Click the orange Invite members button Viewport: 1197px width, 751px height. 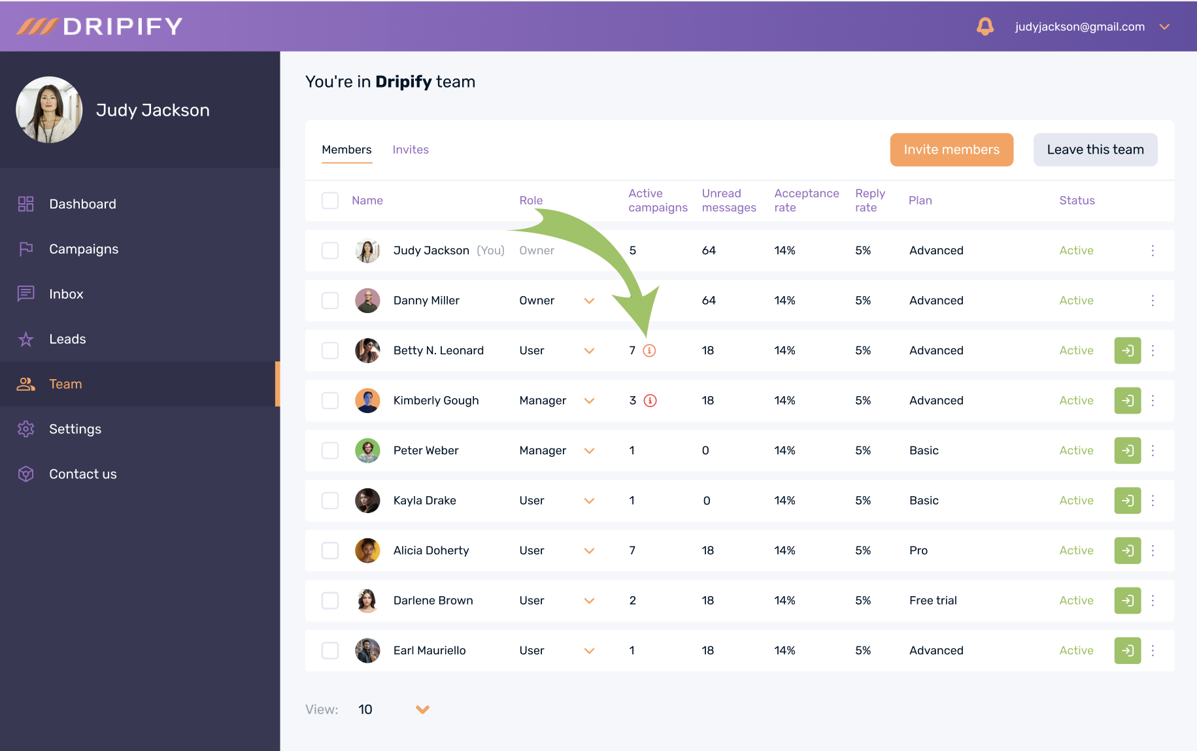tap(951, 150)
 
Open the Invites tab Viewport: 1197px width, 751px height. tap(411, 150)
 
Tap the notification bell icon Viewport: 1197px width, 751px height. tap(985, 26)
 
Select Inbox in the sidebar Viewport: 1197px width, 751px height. tap(66, 294)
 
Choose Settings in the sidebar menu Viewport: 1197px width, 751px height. tap(75, 429)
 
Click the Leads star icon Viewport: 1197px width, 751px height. tap(26, 339)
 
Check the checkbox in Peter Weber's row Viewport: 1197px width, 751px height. tap(330, 450)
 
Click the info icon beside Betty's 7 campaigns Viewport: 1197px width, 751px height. tap(649, 350)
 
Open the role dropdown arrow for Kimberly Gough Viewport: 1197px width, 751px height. tap(589, 401)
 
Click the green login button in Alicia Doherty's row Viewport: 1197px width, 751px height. tap(1127, 550)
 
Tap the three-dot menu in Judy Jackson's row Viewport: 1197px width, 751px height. tap(1153, 250)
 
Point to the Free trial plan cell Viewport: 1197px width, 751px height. tap(933, 601)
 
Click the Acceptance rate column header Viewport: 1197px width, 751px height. tap(806, 200)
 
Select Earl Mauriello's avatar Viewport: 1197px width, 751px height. tap(367, 650)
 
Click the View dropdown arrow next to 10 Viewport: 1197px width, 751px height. tap(423, 709)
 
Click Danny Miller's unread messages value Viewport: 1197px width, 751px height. tap(709, 301)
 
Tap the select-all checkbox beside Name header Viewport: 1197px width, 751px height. tap(330, 200)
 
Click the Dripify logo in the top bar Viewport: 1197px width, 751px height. tap(100, 26)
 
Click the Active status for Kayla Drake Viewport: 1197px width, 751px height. tap(1076, 501)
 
